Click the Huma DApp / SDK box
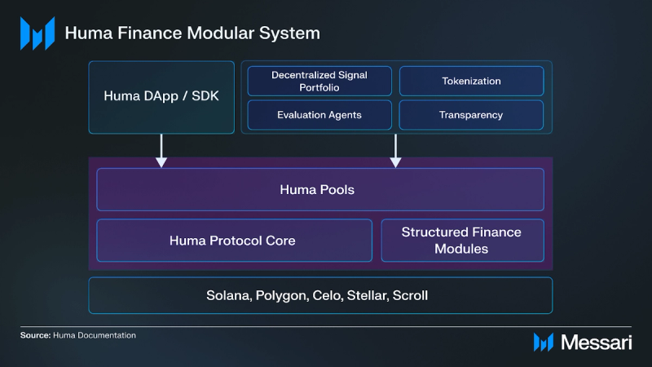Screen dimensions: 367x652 [x=161, y=96]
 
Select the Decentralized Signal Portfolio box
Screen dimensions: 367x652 [x=319, y=81]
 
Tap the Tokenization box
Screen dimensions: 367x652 [x=471, y=81]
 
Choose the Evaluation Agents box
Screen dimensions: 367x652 [x=319, y=115]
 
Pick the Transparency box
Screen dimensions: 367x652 [x=471, y=115]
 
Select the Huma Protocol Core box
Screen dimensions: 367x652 [x=234, y=241]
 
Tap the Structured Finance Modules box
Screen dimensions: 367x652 [x=461, y=241]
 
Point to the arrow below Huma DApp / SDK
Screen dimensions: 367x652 [x=161, y=152]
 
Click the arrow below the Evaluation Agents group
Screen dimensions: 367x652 [x=395, y=152]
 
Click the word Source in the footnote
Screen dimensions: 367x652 [x=36, y=335]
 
